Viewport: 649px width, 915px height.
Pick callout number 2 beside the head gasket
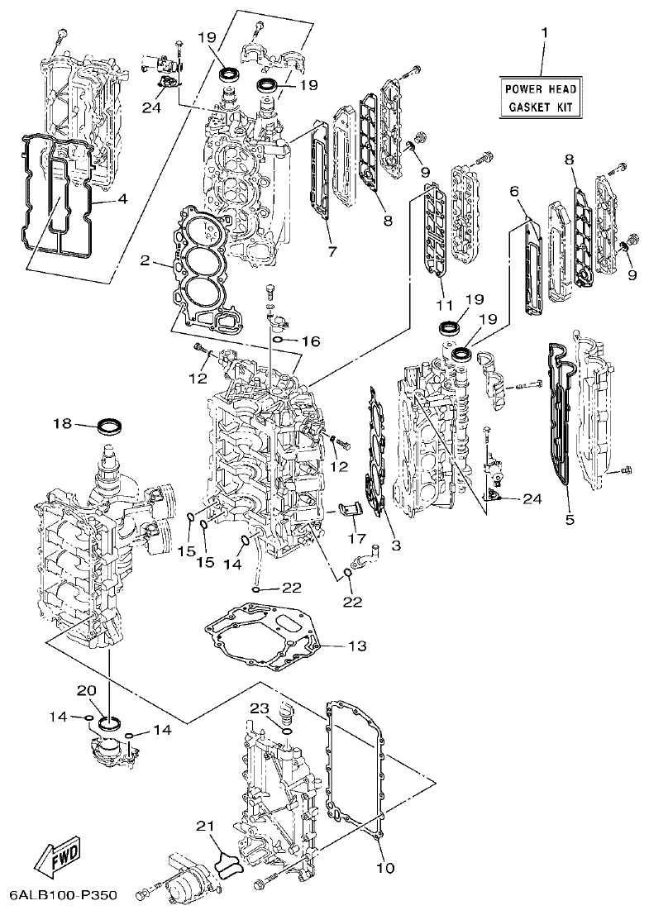click(145, 261)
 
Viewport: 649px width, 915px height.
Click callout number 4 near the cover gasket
click(122, 198)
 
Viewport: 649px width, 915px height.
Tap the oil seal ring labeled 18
click(110, 427)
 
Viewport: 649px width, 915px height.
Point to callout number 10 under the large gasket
click(385, 868)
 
